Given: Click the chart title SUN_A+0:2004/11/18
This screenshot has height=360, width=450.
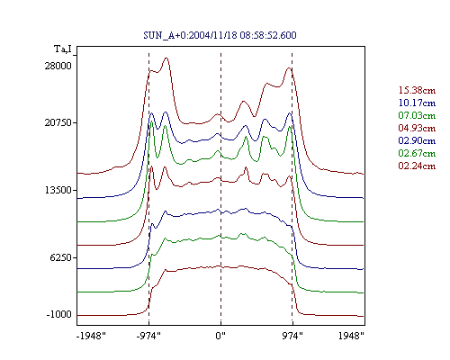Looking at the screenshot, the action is [190, 35].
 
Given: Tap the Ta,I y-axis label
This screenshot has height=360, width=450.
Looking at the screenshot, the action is [63, 49].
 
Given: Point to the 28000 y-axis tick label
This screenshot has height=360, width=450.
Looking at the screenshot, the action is [58, 66].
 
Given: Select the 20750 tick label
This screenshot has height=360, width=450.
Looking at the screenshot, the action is [58, 122].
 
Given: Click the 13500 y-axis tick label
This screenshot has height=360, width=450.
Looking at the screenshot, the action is [58, 190].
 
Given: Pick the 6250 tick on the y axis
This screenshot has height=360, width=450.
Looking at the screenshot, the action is [61, 257].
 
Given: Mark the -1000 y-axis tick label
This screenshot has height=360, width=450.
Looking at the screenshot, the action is [59, 314].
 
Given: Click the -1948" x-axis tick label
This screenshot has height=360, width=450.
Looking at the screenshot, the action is [91, 336].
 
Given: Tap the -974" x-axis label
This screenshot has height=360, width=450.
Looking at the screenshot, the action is [148, 336].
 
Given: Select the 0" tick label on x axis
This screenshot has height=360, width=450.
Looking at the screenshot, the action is [220, 336].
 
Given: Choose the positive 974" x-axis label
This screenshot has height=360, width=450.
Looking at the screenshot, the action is [292, 336].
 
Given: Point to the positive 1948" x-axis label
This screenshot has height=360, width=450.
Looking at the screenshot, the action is [351, 336].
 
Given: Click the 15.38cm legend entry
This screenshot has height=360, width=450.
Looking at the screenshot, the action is [417, 90].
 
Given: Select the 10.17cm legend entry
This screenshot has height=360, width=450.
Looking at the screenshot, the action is [417, 103].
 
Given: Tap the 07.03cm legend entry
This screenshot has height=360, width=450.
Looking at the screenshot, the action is [417, 115].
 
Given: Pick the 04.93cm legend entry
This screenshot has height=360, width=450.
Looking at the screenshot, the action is [417, 128].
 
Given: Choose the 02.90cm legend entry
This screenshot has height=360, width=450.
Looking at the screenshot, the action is [417, 140].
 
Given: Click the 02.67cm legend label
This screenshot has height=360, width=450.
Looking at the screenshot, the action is [417, 153].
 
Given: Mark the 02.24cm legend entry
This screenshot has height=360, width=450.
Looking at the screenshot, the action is [417, 166].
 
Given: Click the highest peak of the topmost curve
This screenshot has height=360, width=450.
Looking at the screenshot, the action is [166, 58].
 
